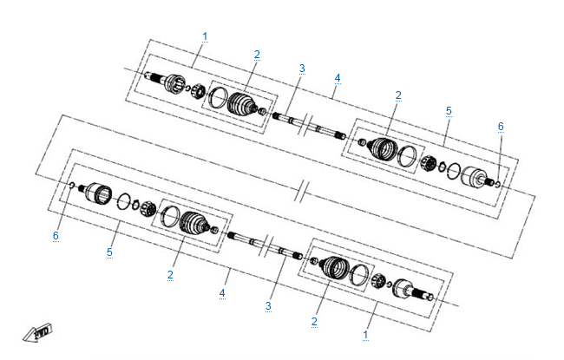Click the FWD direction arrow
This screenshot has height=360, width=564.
[x=38, y=332]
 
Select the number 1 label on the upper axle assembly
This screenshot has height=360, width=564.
[x=205, y=36]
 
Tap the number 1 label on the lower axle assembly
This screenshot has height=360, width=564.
[x=365, y=335]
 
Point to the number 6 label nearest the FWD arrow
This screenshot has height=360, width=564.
[x=56, y=236]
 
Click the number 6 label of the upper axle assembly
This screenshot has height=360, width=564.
[x=501, y=127]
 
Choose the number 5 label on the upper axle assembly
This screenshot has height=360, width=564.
[x=449, y=111]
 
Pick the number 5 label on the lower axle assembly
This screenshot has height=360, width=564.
[x=109, y=252]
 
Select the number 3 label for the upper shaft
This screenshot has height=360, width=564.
[x=302, y=69]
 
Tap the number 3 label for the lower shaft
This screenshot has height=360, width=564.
[x=268, y=306]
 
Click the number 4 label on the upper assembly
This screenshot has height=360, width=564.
[x=338, y=78]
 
